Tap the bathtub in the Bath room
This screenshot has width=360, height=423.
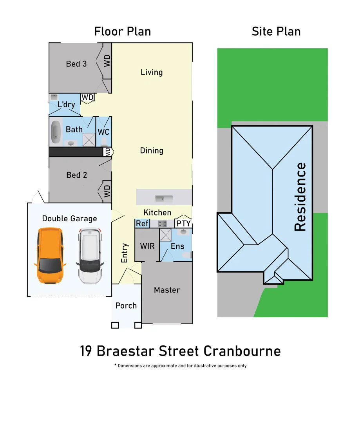pyautogui.click(x=56, y=132)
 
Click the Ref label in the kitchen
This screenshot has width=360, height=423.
pyautogui.click(x=142, y=224)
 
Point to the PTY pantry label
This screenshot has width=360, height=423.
pyautogui.click(x=183, y=224)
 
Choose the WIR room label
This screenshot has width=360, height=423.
pyautogui.click(x=147, y=246)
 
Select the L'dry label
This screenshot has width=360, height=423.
pyautogui.click(x=66, y=105)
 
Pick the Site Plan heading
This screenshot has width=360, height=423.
pyautogui.click(x=276, y=31)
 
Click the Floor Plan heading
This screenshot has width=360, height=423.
pyautogui.click(x=123, y=31)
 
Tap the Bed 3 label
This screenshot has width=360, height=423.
pyautogui.click(x=76, y=63)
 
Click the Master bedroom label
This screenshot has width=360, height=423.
pyautogui.click(x=167, y=290)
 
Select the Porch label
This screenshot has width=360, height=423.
pyautogui.click(x=126, y=305)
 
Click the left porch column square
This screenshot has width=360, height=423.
pyautogui.click(x=115, y=325)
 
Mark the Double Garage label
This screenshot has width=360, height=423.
pyautogui.click(x=69, y=219)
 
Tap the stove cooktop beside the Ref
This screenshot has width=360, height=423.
pyautogui.click(x=162, y=224)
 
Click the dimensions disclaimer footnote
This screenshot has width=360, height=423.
pyautogui.click(x=180, y=366)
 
